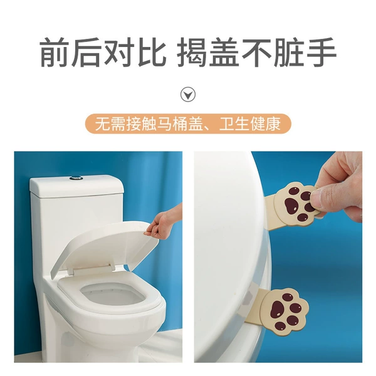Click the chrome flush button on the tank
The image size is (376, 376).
click(76, 178)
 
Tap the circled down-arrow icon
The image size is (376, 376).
click(188, 94)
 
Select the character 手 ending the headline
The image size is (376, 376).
click(322, 52)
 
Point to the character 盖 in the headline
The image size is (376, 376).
click(224, 52)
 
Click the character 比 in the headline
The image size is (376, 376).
click(152, 52)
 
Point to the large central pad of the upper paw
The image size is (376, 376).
click(291, 206)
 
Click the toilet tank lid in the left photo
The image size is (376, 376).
click(76, 186)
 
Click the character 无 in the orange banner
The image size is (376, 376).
click(102, 124)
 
